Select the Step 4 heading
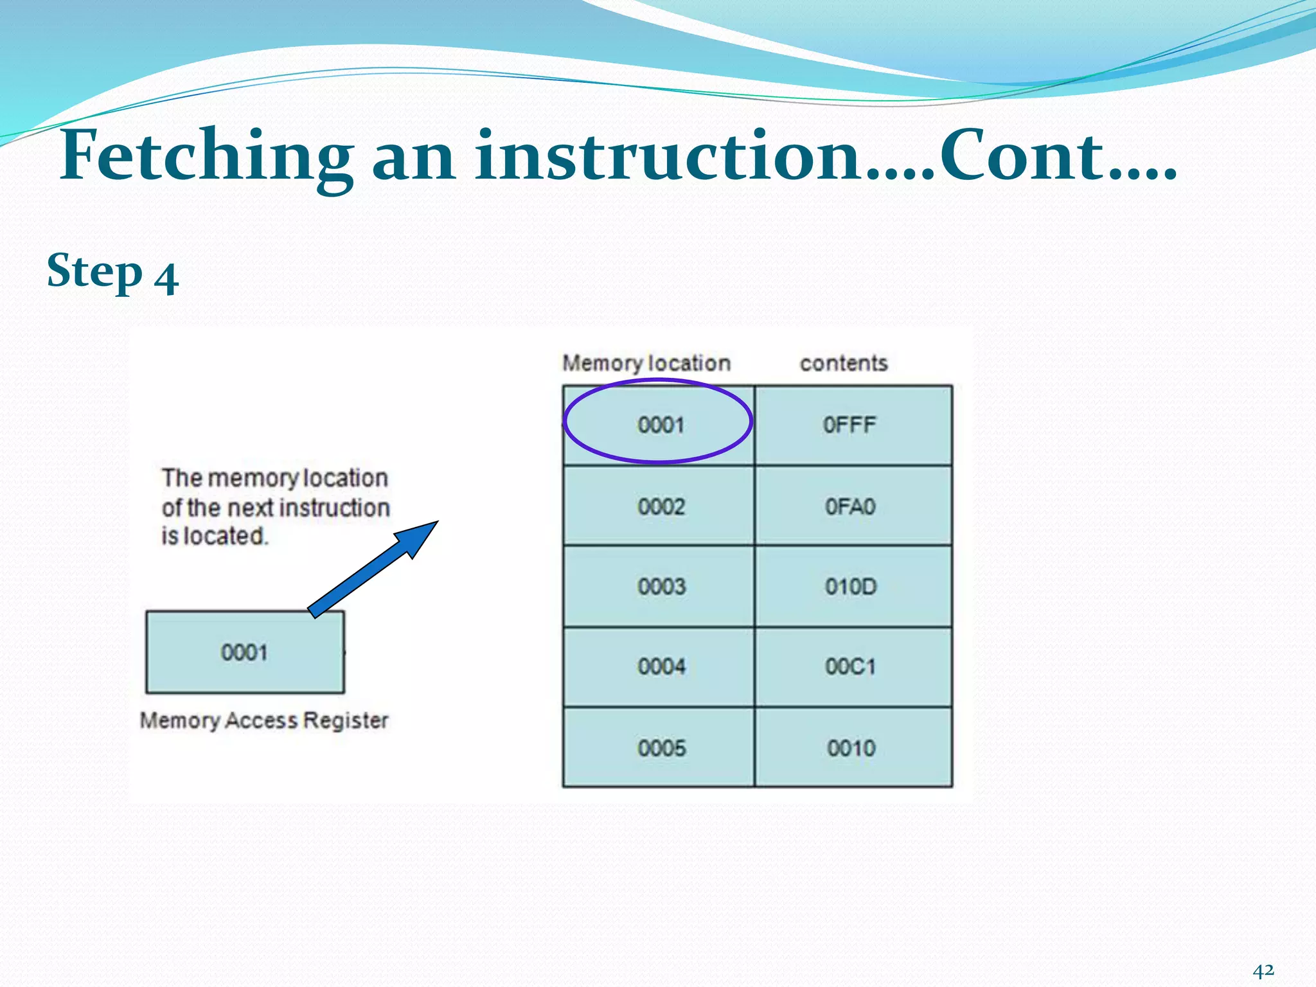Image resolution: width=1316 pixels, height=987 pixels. (x=112, y=272)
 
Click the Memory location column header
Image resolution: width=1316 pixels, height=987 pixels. (x=646, y=363)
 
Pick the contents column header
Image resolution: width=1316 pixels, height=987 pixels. (x=844, y=363)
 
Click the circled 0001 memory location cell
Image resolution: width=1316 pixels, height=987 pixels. (x=660, y=425)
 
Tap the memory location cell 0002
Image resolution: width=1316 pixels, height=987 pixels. (x=661, y=506)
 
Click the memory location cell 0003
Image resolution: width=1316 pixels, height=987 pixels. (x=661, y=586)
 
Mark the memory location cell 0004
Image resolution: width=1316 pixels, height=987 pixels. (x=661, y=666)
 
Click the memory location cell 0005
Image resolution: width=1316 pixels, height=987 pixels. (x=661, y=748)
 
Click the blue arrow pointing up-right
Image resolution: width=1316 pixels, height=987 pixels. (x=373, y=569)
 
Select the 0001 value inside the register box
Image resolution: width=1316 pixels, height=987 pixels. (x=244, y=652)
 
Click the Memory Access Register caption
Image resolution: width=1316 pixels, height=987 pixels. (x=264, y=720)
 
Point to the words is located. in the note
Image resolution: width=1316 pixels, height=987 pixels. (x=214, y=536)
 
